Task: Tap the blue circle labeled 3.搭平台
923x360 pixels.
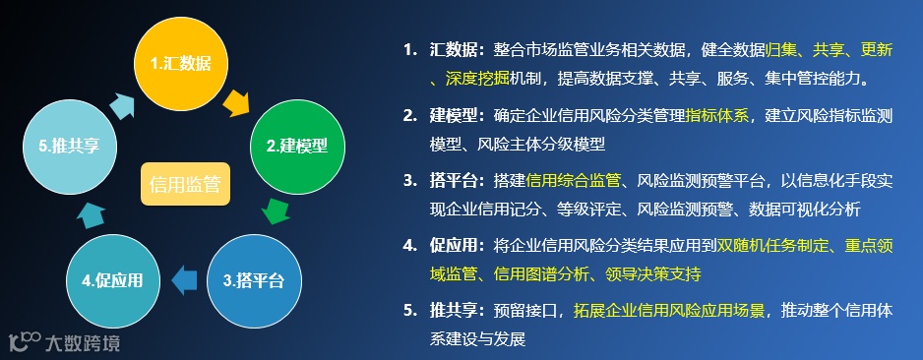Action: [x=253, y=280]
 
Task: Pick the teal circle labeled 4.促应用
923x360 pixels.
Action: [x=112, y=280]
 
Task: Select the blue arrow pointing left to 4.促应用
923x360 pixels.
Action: [x=183, y=280]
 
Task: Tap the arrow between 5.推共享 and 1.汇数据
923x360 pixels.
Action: [x=124, y=102]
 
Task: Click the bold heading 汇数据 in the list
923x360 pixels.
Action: [x=454, y=49]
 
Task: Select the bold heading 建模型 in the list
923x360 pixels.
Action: [x=454, y=115]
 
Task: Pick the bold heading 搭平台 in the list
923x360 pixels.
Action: [x=454, y=180]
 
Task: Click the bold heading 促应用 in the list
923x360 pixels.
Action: [x=454, y=245]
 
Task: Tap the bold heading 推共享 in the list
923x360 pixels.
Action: [x=454, y=311]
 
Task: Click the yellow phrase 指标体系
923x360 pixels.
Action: [x=716, y=115]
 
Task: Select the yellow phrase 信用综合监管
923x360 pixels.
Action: [x=574, y=180]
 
